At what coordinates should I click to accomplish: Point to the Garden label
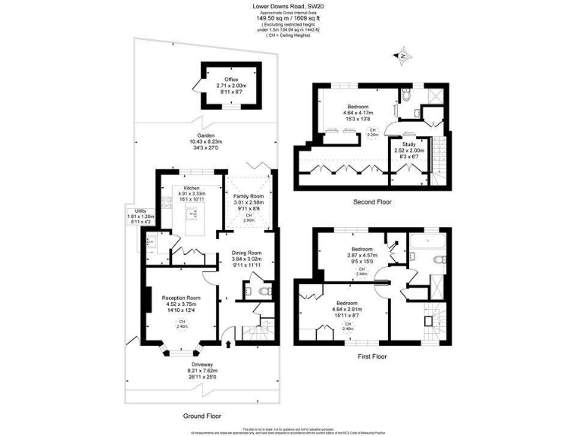pyautogui.click(x=202, y=135)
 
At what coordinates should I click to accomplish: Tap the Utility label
pyautogui.click(x=140, y=211)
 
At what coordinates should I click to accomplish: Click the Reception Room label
pyautogui.click(x=181, y=298)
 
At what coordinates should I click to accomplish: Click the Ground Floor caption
pyautogui.click(x=202, y=416)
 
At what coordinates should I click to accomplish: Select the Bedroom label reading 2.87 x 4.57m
pyautogui.click(x=361, y=249)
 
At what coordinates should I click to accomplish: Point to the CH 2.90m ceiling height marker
pyautogui.click(x=248, y=220)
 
